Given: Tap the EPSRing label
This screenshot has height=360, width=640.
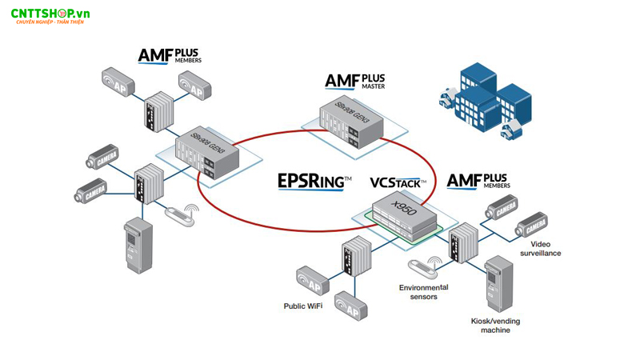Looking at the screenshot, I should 313,182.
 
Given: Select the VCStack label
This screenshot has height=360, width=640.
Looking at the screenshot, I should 398,182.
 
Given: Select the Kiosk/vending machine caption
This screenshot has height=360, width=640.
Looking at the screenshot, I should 495,325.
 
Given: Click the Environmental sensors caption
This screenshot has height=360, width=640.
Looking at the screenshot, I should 423,292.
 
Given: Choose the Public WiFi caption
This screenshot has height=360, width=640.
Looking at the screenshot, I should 303,306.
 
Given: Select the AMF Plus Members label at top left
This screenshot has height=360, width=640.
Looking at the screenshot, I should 169,55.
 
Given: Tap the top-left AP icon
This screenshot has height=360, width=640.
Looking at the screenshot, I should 117,82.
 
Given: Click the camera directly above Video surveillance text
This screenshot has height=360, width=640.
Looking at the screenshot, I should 532,224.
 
